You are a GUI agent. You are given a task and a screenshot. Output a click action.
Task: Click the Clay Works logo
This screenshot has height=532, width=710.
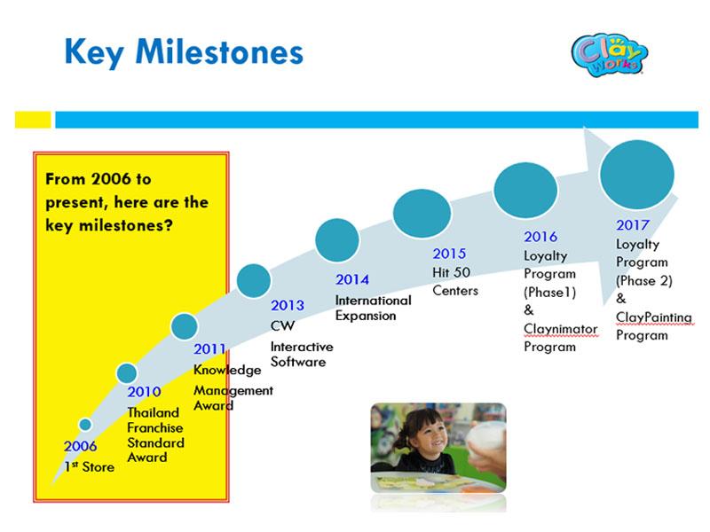pos(610,55)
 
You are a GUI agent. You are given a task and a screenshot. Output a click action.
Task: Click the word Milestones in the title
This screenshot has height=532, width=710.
pos(219,52)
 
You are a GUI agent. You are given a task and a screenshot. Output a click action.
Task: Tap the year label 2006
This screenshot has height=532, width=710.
pos(80,447)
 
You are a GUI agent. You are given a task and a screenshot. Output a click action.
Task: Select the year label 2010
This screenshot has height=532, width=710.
pos(144,392)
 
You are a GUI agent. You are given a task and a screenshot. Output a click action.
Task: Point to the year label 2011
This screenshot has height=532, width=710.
pos(209,349)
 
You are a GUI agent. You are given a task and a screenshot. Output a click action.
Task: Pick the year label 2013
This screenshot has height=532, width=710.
pos(288,305)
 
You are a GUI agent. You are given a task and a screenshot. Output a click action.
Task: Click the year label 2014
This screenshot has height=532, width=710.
pos(352,279)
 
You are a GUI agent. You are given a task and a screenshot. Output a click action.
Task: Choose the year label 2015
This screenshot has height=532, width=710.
pos(449,254)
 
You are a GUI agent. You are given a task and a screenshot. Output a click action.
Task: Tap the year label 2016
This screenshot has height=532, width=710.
pos(540,237)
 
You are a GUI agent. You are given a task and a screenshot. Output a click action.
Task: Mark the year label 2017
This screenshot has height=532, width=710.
pos(633,225)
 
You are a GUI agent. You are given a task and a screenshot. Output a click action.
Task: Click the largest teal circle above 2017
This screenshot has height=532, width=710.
pos(636,175)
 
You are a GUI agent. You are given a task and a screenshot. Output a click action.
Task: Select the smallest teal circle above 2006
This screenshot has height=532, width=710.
pos(85,425)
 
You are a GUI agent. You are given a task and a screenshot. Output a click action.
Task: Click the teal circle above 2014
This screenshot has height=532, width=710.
pos(337,240)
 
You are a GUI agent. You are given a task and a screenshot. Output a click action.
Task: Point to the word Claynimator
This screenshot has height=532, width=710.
pos(561,329)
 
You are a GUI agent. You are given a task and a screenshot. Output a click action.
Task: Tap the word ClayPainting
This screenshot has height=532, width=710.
pos(654,317)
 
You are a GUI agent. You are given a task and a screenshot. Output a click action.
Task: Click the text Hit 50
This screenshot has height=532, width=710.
pos(452,272)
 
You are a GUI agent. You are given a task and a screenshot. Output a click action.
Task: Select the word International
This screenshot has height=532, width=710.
pos(374,301)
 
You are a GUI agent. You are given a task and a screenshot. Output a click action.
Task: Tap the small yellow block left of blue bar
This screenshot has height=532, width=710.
pos(33,120)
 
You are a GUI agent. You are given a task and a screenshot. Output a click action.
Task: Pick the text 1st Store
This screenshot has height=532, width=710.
pos(90,467)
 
